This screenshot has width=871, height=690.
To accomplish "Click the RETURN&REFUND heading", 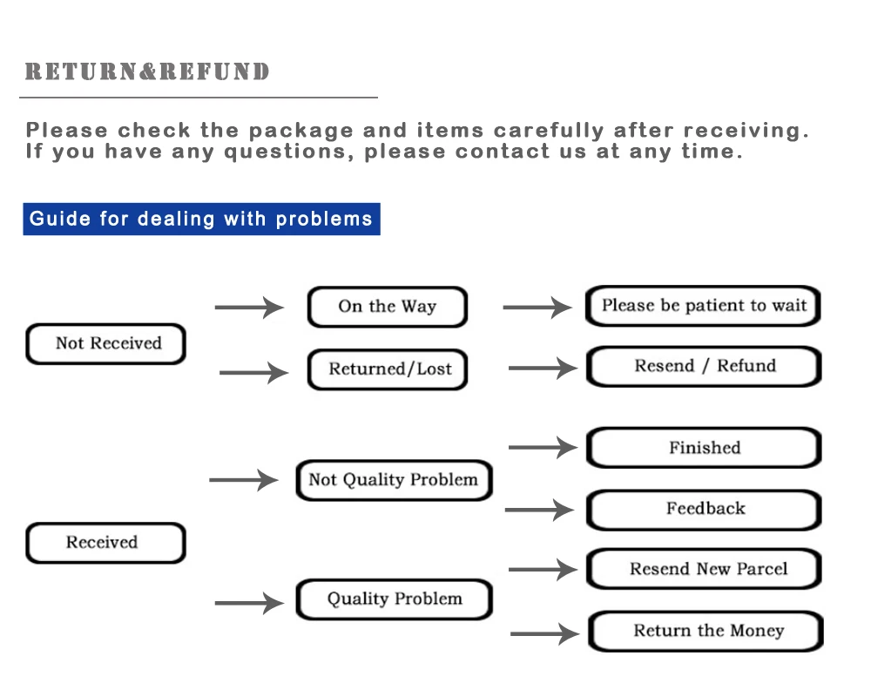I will pos(147,71).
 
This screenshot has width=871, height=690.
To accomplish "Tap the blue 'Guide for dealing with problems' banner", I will pos(201,219).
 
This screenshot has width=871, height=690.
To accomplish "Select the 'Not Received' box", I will pos(106,343).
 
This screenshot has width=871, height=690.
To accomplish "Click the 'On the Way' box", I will pos(388,307).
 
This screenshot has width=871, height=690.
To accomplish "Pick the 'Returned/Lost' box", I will pos(388,369).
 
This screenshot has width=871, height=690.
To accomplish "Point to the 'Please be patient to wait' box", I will pos(704,306).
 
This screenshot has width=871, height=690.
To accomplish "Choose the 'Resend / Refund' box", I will pos(704,366).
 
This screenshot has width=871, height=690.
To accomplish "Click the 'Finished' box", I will pos(704,448).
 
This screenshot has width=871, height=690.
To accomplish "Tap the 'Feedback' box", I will pos(704,509).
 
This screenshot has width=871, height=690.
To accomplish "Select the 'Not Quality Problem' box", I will pos(394,480).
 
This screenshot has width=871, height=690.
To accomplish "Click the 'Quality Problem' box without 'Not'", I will pos(394,599).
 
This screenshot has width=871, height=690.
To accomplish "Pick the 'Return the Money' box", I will pos(706,631).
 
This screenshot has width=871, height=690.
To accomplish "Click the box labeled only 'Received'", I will pos(105,543).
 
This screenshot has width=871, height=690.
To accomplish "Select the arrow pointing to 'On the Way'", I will pos(249,307).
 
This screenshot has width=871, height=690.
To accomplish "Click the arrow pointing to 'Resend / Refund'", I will pos(543,369).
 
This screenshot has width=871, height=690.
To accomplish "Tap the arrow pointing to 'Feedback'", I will pos(540,510).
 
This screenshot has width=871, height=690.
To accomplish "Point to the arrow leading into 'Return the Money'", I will pos(544,634).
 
